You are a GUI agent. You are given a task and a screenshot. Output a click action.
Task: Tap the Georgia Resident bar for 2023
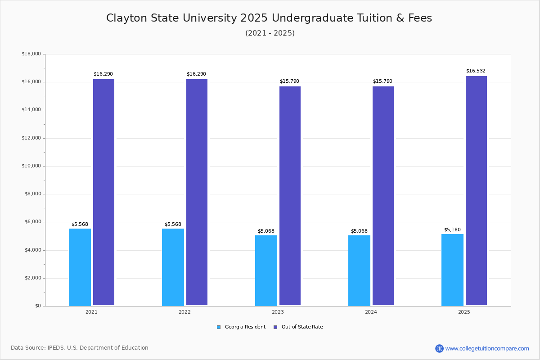(266, 270)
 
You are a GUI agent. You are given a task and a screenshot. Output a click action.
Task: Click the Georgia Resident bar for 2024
(359, 270)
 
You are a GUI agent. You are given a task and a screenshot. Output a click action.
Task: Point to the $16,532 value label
(476, 71)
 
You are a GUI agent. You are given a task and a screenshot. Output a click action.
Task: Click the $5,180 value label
(452, 230)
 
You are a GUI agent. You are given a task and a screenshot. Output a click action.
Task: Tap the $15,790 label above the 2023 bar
(289, 81)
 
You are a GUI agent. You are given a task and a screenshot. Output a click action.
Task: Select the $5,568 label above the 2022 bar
(173, 225)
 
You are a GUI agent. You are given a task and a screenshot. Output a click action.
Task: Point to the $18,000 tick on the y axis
(31, 54)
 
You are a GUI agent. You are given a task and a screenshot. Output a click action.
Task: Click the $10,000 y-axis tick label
(31, 166)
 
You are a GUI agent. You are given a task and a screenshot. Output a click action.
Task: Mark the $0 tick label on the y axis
(37, 306)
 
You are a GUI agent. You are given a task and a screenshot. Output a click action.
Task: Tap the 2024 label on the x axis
(371, 312)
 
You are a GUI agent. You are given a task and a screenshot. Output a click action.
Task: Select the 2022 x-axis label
(184, 312)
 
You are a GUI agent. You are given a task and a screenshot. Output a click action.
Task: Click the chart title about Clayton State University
(269, 18)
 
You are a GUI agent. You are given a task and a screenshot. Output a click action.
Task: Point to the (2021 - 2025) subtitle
(270, 33)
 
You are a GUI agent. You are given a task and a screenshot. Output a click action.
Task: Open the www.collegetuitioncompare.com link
(487, 348)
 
